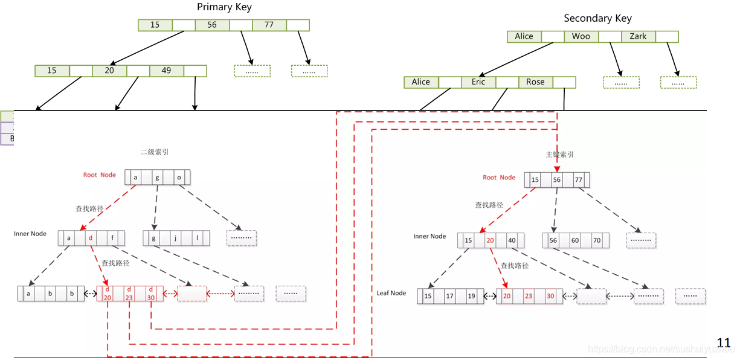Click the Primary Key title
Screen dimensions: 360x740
click(224, 7)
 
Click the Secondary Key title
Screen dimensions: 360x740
click(597, 18)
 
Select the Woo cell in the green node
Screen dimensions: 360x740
click(581, 36)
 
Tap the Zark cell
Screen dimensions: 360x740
click(638, 36)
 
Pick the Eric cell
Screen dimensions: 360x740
click(478, 82)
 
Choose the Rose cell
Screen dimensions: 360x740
click(535, 82)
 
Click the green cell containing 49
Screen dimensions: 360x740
click(166, 71)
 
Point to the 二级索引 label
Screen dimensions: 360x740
click(155, 152)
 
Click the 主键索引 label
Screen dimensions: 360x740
click(559, 155)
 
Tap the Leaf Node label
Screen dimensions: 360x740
click(391, 293)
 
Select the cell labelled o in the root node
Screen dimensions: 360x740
click(179, 178)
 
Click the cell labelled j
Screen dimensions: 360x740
click(175, 238)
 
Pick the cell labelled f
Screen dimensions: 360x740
click(112, 238)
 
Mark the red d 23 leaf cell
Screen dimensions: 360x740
click(129, 294)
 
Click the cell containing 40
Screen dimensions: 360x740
click(512, 240)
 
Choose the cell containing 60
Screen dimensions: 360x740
click(575, 240)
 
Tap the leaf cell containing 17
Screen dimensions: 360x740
click(449, 297)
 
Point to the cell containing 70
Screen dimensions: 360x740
click(597, 240)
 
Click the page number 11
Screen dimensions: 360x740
click(724, 343)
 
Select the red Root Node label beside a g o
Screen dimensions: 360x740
click(100, 175)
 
